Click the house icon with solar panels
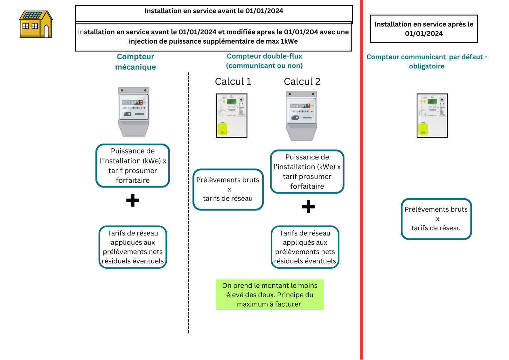coord(36,25)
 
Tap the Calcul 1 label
coord(233,82)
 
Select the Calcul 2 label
coord(302,82)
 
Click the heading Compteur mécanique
coord(136,62)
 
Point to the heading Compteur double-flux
coord(264,56)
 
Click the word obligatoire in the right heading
coord(427,67)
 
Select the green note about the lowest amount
coord(270,295)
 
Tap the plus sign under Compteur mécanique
coord(133,200)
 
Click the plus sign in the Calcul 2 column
coord(308,207)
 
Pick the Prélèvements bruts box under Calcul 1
coord(228,189)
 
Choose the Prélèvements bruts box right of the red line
coord(436,219)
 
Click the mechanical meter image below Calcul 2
coord(301,116)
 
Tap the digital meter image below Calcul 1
coord(232,116)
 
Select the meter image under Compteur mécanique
coord(134,112)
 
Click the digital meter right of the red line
coord(432,116)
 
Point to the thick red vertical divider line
coord(361,191)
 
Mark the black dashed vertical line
coord(188,204)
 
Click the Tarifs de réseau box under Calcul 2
coord(305,247)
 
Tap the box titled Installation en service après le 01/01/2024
coord(424,29)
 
